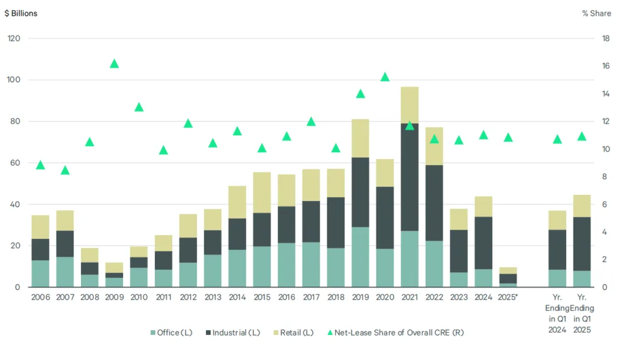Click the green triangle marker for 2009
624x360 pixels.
114,64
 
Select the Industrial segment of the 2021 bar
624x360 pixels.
409,177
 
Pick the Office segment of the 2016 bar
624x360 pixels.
286,265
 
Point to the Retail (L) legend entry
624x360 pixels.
295,332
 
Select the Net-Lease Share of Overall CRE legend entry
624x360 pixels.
395,332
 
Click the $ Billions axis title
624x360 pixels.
21,13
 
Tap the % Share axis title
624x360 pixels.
597,13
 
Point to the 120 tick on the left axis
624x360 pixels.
13,38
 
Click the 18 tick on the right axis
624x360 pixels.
606,38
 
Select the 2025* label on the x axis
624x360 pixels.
508,298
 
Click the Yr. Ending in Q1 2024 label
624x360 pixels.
556,314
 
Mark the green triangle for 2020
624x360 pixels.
385,77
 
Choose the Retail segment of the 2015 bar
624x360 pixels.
262,192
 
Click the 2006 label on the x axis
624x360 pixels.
40,298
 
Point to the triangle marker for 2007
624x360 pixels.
65,171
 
